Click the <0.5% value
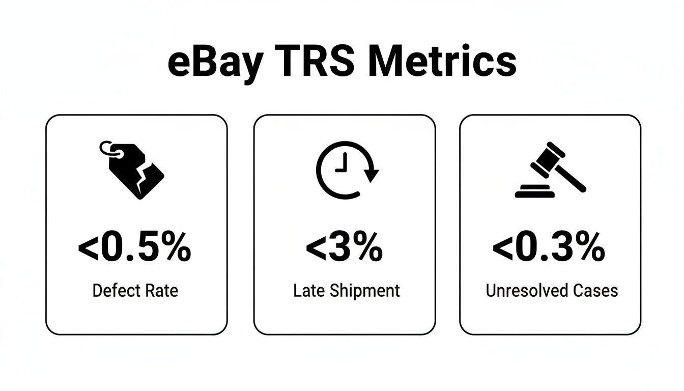point(135,248)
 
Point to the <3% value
point(345,248)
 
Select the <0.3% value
point(549,248)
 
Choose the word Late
point(307,291)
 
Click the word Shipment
point(362,291)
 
